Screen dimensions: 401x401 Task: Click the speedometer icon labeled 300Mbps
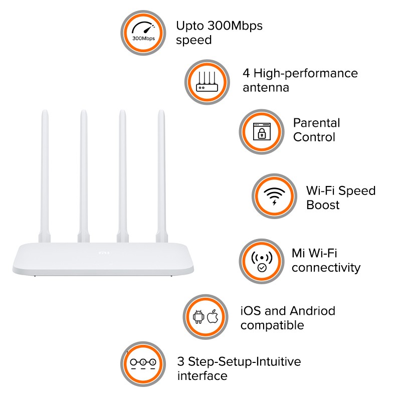pyautogui.click(x=143, y=31)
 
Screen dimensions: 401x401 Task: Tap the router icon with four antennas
pyautogui.click(x=207, y=81)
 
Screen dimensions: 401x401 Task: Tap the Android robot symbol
pyautogui.click(x=198, y=317)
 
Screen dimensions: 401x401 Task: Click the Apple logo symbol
pyautogui.click(x=213, y=316)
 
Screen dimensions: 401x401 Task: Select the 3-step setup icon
pyautogui.click(x=143, y=364)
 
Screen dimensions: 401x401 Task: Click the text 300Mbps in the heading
pyautogui.click(x=235, y=26)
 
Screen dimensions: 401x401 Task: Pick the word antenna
pyautogui.click(x=266, y=88)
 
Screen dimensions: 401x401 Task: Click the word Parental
pyautogui.click(x=317, y=123)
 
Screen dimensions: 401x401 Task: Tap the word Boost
pyautogui.click(x=323, y=205)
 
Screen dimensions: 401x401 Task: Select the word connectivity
pyautogui.click(x=326, y=268)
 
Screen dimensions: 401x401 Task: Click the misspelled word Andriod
pyautogui.click(x=312, y=311)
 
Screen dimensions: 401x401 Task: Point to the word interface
pyautogui.click(x=203, y=376)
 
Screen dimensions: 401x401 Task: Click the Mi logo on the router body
pyautogui.click(x=104, y=253)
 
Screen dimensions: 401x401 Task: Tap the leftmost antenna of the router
pyautogui.click(x=45, y=176)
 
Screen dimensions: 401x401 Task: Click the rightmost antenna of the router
pyautogui.click(x=161, y=176)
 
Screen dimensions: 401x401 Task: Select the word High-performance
pyautogui.click(x=306, y=74)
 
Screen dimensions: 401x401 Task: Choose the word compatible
pyautogui.click(x=272, y=326)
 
